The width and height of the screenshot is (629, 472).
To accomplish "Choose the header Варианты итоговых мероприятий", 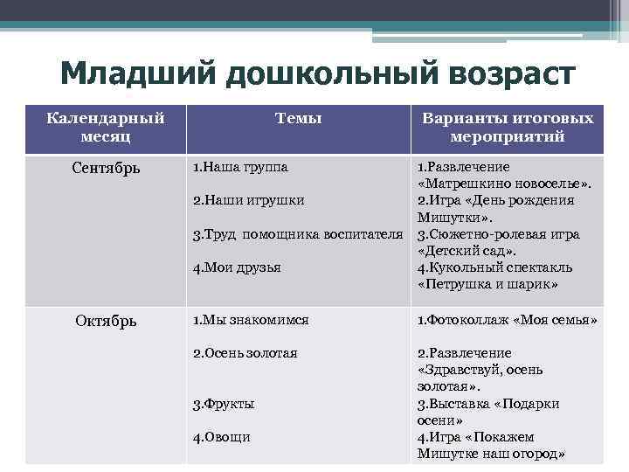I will pos(507,128).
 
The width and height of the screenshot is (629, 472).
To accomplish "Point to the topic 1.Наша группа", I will pos(239,166).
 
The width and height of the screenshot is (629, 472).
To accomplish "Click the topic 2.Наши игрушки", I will pos(248,200).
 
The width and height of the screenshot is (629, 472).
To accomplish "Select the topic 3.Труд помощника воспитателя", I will pos(298,234).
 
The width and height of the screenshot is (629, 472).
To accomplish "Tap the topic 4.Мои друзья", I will pos(237,267).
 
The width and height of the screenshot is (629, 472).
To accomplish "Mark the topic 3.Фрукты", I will pos(224,404).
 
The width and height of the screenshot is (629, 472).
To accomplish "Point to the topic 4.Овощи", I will pos(221,437).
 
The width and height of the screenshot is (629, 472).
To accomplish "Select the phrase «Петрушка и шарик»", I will pos(488,285).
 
